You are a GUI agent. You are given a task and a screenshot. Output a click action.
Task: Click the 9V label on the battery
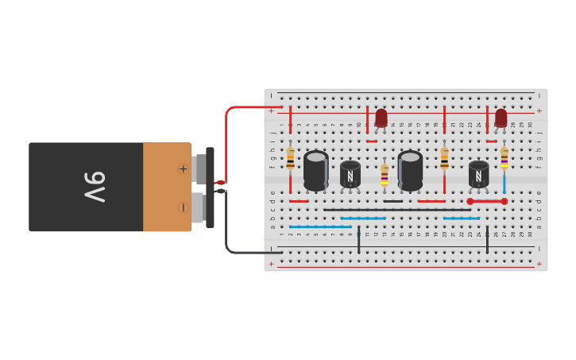click(x=95, y=187)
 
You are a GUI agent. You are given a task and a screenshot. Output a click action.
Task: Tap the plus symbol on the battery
click(x=183, y=168)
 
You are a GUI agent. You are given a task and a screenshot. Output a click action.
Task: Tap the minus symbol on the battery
click(x=183, y=207)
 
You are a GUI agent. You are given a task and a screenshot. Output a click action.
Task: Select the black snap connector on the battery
click(x=210, y=188)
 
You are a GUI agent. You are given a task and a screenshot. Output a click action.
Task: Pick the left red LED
click(x=381, y=118)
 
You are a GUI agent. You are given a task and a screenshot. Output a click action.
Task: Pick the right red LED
click(x=501, y=118)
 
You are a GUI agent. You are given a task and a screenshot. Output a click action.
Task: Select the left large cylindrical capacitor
click(x=315, y=170)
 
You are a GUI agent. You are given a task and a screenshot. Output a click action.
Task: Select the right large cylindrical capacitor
click(x=410, y=170)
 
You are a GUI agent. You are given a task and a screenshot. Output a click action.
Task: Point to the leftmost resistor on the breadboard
click(x=290, y=159)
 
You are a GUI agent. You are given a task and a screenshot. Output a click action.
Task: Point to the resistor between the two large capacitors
click(x=385, y=173)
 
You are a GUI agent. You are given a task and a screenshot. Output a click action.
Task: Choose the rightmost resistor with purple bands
click(x=504, y=157)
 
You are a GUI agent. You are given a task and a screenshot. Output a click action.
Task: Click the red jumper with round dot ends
click(x=486, y=201)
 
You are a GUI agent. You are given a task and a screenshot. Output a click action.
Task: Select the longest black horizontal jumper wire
click(x=397, y=210)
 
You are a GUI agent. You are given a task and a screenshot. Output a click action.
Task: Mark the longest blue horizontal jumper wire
click(x=320, y=226)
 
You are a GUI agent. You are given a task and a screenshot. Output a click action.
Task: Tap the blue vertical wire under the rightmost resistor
click(x=504, y=183)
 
